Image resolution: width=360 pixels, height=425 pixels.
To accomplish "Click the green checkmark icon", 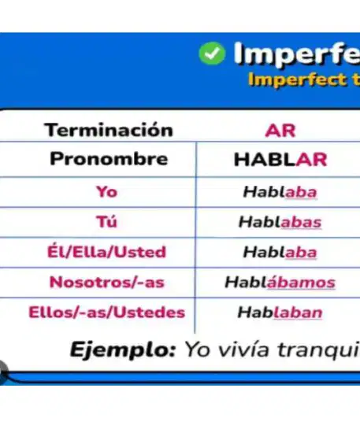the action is [212, 54].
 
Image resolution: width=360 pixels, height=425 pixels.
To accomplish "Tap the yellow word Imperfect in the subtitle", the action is [297, 79].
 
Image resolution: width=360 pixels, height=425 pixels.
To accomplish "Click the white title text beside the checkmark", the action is [297, 54].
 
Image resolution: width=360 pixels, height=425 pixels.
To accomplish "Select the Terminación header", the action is [109, 130].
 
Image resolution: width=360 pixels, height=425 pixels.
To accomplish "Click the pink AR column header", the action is [280, 131].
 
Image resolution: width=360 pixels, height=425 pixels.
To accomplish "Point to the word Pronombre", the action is [109, 159].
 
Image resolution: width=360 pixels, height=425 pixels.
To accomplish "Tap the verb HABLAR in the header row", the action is [280, 159].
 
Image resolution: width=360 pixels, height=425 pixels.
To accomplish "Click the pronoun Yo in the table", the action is [107, 191].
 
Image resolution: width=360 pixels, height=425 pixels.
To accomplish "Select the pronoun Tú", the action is [106, 221].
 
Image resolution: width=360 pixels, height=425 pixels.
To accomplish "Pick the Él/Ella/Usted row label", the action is [106, 251].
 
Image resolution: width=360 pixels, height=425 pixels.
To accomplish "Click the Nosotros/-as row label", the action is [107, 282].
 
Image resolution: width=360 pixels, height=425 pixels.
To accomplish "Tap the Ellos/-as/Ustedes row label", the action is [107, 312].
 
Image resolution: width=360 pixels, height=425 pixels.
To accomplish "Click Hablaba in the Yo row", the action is [280, 192].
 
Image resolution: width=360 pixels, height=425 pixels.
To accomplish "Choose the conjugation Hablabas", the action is [280, 222].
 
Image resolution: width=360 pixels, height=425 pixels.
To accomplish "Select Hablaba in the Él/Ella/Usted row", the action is [280, 252].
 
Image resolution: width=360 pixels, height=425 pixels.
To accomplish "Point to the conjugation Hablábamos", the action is [280, 282].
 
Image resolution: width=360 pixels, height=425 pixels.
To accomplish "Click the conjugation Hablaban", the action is [280, 312].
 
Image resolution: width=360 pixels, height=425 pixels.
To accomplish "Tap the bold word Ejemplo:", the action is [123, 350].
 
